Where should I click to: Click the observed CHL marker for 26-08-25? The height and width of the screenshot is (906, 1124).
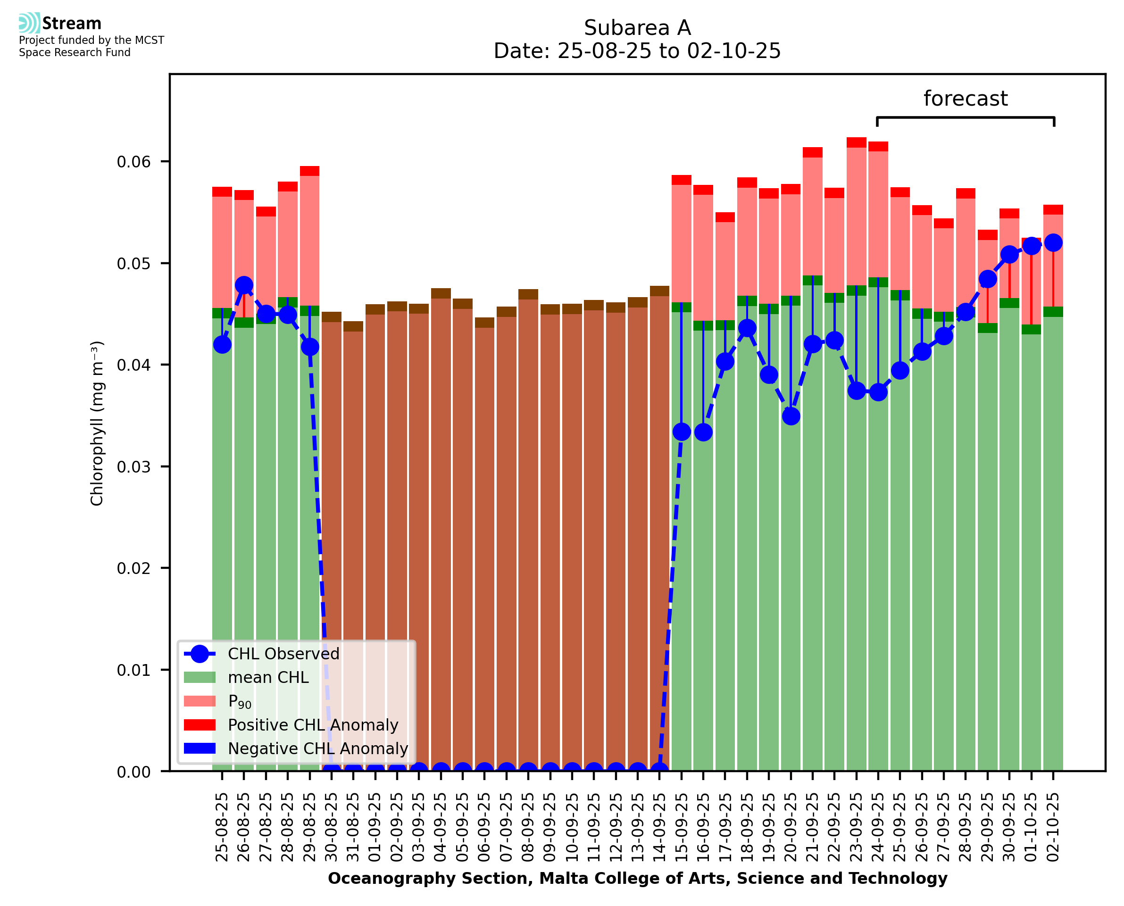(244, 285)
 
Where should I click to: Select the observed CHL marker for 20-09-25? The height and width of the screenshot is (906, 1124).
(791, 416)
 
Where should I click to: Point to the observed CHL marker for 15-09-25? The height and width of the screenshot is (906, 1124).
(682, 432)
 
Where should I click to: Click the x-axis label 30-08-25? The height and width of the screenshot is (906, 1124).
(332, 827)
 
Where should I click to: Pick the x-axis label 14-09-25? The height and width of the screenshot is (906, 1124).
(659, 827)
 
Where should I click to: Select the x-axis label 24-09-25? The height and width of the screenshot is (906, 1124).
(878, 827)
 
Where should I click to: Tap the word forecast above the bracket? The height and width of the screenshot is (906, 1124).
(966, 98)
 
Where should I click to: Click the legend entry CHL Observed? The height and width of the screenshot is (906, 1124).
(283, 653)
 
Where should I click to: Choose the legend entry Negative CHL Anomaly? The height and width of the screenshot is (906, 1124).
(318, 748)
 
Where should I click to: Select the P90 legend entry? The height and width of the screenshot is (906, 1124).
(240, 701)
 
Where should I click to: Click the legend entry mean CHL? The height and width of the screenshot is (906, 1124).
(268, 677)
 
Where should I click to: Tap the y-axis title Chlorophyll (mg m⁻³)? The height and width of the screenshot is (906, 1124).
(97, 423)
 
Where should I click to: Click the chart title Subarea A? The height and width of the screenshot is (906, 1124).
(637, 28)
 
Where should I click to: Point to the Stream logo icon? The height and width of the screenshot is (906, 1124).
(29, 23)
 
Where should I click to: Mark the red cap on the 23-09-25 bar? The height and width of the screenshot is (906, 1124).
(856, 142)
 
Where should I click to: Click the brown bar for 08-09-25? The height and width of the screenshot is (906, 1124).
(528, 522)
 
